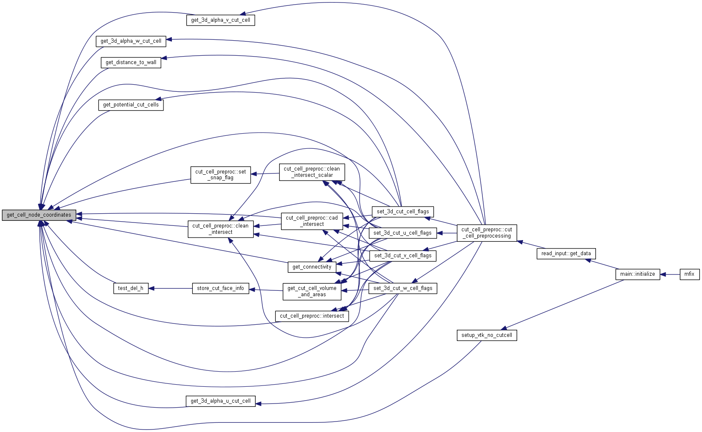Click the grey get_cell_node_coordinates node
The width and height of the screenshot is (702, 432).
click(x=39, y=215)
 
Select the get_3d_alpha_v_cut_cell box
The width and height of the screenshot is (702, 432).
click(x=220, y=20)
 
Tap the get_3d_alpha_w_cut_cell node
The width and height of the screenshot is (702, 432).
click(x=131, y=41)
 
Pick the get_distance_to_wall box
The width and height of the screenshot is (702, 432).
click(x=131, y=62)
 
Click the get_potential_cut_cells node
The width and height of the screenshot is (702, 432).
click(x=131, y=105)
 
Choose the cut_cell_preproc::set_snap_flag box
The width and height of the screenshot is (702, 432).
click(x=220, y=175)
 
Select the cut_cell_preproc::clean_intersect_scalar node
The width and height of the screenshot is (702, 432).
click(x=312, y=172)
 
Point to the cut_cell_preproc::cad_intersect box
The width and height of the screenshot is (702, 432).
click(x=311, y=221)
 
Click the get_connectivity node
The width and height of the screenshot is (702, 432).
click(x=312, y=267)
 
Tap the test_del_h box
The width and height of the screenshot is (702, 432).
click(x=131, y=288)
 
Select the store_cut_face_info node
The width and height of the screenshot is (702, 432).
click(x=220, y=288)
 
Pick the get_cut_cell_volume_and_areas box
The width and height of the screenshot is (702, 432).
click(x=312, y=291)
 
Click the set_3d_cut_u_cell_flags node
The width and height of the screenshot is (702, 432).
click(x=402, y=233)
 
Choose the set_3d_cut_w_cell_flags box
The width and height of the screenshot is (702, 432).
click(x=402, y=288)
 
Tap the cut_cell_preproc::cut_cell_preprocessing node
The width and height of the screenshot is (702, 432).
click(x=487, y=233)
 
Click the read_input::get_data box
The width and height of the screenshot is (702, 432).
click(x=566, y=254)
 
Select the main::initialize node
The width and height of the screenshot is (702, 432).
click(x=637, y=274)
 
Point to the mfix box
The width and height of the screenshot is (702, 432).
click(x=689, y=274)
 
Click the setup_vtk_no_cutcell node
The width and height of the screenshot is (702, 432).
click(x=487, y=335)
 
